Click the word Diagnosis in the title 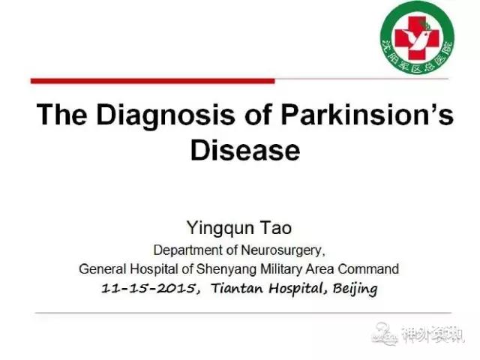point(166,115)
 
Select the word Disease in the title point(245,150)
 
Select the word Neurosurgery point(283,251)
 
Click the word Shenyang point(226,270)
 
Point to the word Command point(368,269)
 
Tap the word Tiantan point(237,288)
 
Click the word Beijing point(355,289)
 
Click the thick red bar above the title point(153,81)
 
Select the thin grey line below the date point(243,313)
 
